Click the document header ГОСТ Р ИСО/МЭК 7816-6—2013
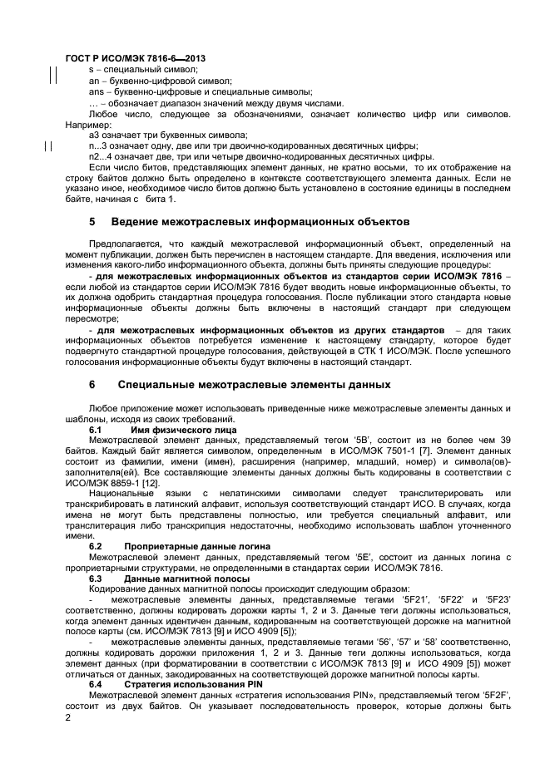click(x=135, y=59)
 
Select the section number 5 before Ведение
click(x=92, y=223)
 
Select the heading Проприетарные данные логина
click(x=196, y=546)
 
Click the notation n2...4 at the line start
click(x=102, y=155)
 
